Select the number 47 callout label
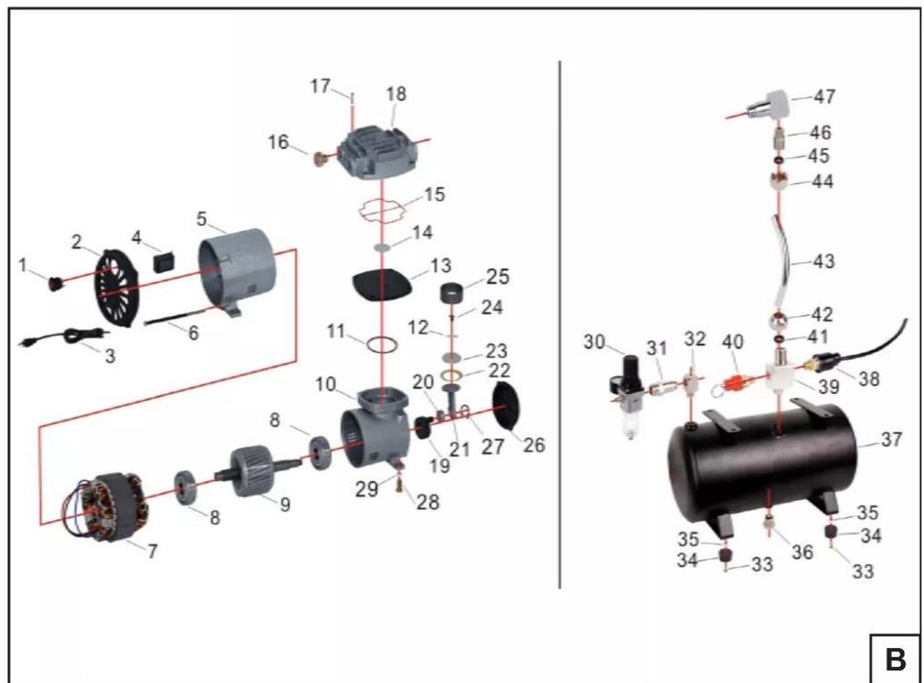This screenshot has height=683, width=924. click(x=825, y=97)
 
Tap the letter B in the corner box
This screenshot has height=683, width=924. click(x=896, y=659)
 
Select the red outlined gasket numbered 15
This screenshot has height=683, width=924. click(x=382, y=211)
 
